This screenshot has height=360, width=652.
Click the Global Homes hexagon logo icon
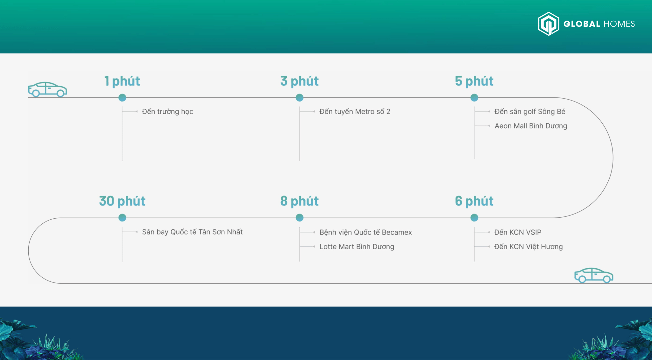[x=549, y=24]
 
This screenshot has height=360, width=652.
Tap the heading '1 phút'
[x=122, y=81]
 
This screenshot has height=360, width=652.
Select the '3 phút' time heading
[x=300, y=81]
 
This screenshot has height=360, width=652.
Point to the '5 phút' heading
[x=474, y=81]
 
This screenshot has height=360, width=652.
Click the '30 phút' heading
[x=122, y=201]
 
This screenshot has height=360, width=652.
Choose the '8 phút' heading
[x=300, y=201]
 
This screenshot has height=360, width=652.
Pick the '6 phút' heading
[x=474, y=201]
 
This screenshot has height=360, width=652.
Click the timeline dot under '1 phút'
[x=122, y=98]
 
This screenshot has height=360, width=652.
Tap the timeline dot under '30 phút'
[x=122, y=218]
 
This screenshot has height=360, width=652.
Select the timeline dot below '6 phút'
[x=474, y=218]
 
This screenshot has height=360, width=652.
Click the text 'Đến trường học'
[x=167, y=112]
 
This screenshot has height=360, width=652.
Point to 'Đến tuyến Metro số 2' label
[x=355, y=112]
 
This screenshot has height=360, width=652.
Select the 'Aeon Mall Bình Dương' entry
[x=531, y=126]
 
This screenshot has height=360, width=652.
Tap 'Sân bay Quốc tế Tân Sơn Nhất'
[x=192, y=232]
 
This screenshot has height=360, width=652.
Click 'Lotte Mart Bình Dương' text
[x=357, y=247]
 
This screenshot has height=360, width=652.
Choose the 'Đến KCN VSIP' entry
[x=518, y=232]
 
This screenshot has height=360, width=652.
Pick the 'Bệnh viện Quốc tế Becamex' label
[x=365, y=232]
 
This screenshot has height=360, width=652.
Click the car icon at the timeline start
[x=47, y=89]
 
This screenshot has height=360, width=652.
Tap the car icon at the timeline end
[x=594, y=275]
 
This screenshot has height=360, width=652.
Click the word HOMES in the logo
[x=619, y=24]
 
